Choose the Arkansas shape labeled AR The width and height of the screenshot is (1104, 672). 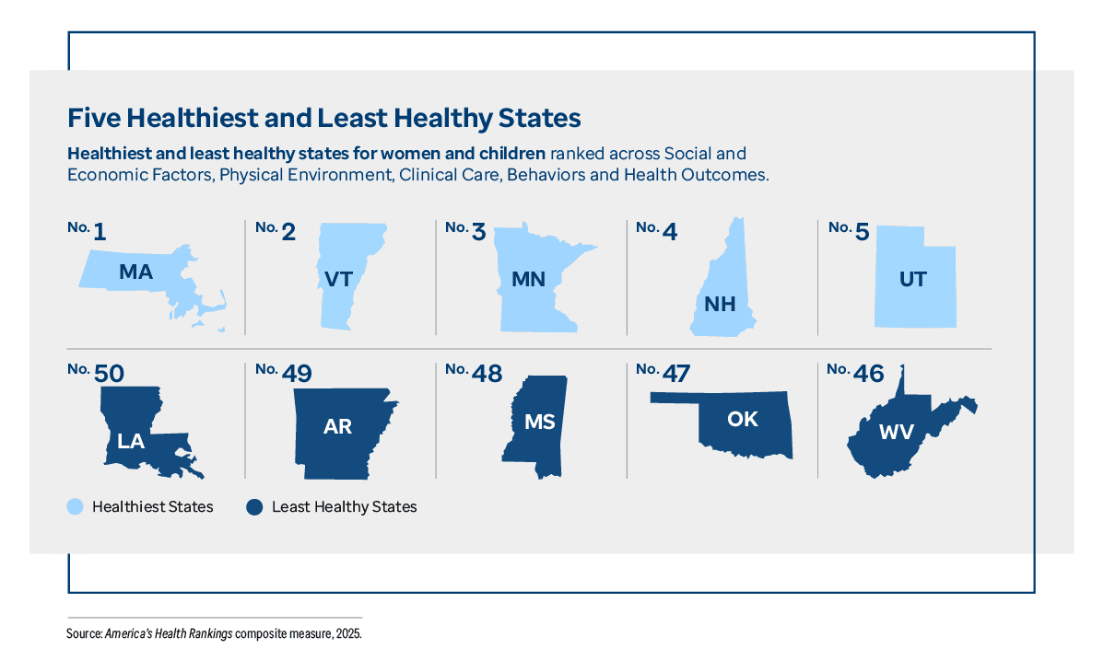click(x=339, y=428)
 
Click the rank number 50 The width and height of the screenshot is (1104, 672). click(x=108, y=373)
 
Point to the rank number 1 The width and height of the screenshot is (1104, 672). click(x=100, y=232)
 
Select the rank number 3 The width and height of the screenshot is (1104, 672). click(x=478, y=232)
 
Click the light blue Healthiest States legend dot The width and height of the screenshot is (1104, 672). click(x=76, y=506)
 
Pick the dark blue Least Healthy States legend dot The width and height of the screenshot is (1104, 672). click(x=255, y=506)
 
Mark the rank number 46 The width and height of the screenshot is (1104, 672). click(x=868, y=373)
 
